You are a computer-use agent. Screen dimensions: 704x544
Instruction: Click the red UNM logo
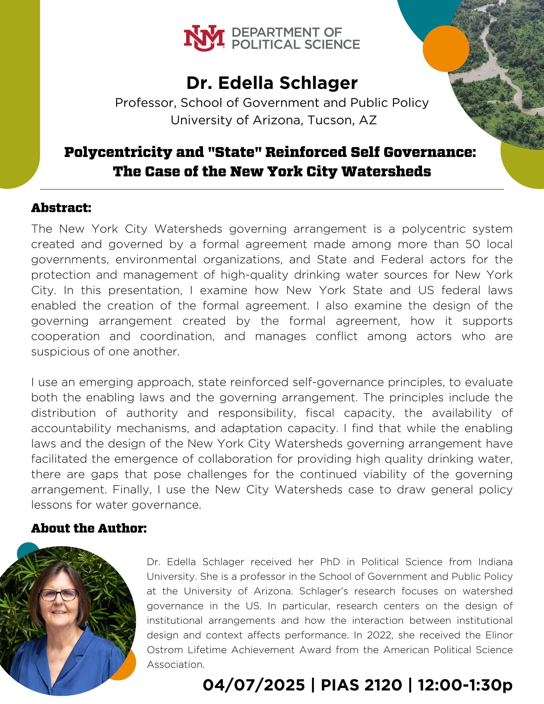[x=204, y=38]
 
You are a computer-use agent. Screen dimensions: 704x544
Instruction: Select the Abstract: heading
[x=61, y=208]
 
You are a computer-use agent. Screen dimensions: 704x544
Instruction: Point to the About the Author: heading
[x=89, y=528]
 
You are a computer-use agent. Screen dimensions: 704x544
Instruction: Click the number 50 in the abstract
[x=472, y=244]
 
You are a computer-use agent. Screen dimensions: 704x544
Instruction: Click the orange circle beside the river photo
[x=446, y=48]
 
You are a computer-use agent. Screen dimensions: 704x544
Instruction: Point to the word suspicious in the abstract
[x=60, y=352]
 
